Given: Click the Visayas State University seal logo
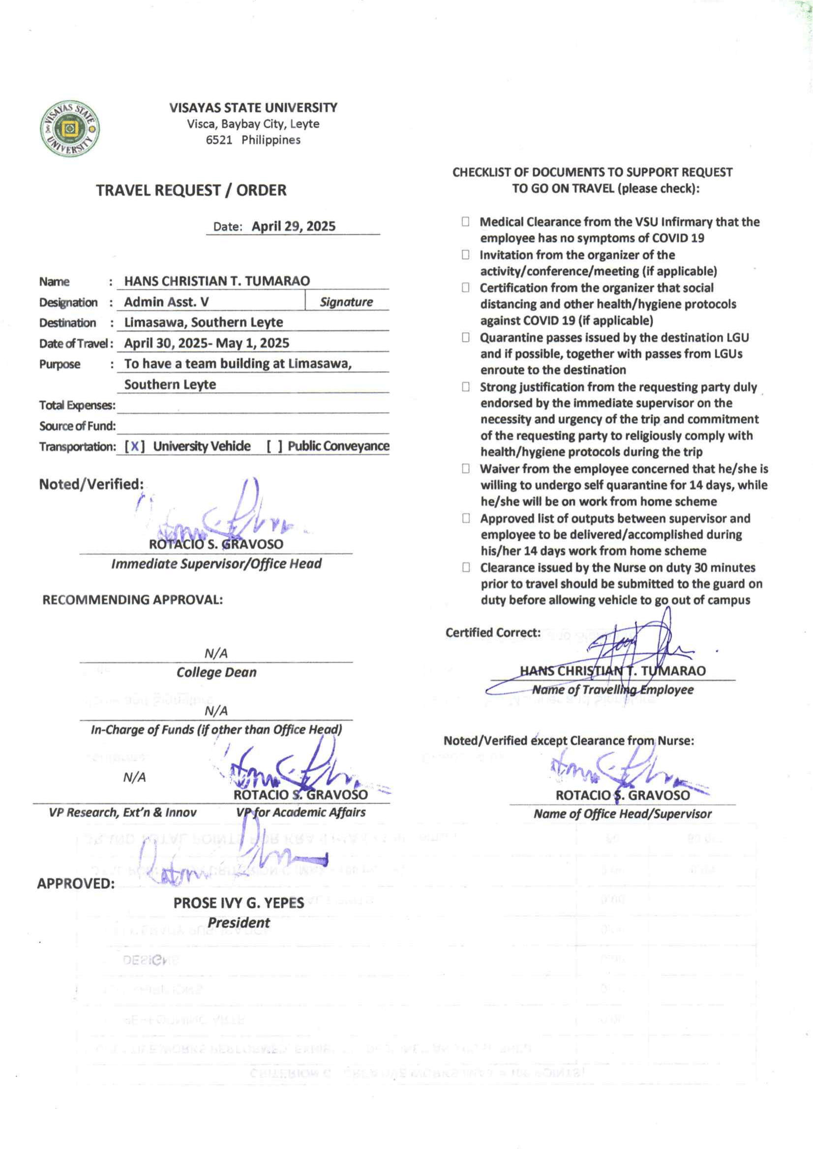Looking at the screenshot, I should point(69,129).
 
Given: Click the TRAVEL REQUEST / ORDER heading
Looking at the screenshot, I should point(191,190).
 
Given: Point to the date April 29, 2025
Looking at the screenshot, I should point(293,226).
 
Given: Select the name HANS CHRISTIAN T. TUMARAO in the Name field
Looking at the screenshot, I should point(217,281).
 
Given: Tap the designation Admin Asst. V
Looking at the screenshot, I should point(166,302).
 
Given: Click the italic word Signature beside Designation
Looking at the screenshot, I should point(346,302).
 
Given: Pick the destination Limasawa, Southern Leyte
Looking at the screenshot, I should point(203,323).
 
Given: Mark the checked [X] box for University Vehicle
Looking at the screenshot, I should point(135,446).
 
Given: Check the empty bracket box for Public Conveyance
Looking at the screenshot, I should point(274,446).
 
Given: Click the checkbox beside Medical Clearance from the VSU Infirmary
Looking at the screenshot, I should point(466,222).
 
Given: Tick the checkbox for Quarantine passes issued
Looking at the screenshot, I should point(466,337).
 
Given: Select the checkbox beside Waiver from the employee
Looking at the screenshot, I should point(466,469).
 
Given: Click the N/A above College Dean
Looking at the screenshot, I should point(216,653).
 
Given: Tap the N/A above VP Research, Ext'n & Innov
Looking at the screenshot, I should point(135,777).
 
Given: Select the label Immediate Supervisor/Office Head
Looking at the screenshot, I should point(216,564).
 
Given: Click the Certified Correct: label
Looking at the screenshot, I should point(493,633).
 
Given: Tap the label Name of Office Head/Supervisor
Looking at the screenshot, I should point(622,814).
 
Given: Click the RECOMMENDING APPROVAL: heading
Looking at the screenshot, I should point(133,599).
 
